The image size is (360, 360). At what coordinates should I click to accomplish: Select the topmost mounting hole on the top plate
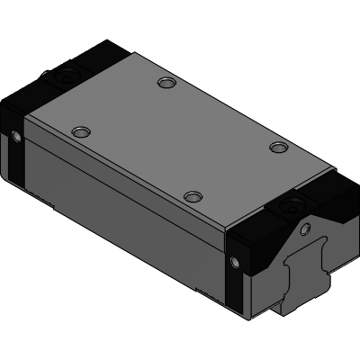pyautogui.click(x=165, y=84)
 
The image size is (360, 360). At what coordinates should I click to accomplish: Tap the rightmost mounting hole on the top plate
pyautogui.click(x=278, y=146)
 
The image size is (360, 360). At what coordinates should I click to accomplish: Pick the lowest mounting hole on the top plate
pyautogui.click(x=191, y=195)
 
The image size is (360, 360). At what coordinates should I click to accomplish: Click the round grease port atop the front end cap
pyautogui.click(x=293, y=208)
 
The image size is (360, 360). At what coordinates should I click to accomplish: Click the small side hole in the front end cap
pyautogui.click(x=236, y=262)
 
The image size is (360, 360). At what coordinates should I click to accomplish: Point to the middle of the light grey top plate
pyautogui.click(x=180, y=139)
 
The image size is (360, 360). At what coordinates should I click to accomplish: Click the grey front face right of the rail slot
pyautogui.click(x=333, y=261)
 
